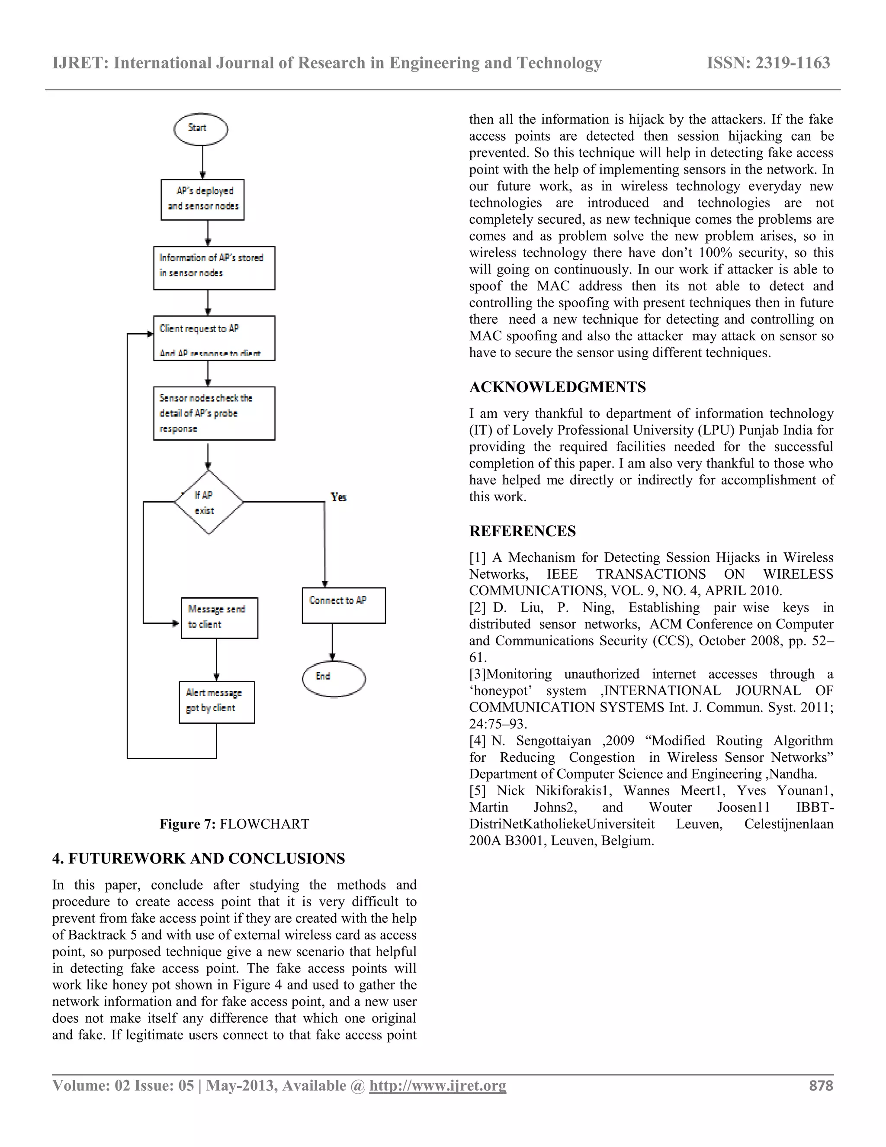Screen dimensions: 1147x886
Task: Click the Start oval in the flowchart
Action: point(200,129)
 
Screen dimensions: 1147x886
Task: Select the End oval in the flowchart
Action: point(333,678)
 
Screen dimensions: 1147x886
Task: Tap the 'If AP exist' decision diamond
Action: point(209,503)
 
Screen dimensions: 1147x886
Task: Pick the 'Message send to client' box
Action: point(219,618)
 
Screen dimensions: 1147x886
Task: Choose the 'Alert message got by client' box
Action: point(216,702)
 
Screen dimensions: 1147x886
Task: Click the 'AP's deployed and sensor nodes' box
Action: point(202,200)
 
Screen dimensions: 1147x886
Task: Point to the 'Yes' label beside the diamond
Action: point(338,497)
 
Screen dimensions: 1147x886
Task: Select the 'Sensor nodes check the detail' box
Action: point(214,413)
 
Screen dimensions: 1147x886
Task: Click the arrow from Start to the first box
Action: point(202,162)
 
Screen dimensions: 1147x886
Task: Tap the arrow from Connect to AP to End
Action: point(332,641)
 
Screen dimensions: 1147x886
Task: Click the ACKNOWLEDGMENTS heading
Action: point(557,387)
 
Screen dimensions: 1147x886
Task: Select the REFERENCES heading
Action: point(522,531)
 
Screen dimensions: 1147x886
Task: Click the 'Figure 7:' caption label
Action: point(187,824)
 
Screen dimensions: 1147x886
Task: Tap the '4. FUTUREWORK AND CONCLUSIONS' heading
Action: point(199,858)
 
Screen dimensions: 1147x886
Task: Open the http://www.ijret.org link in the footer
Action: point(437,1086)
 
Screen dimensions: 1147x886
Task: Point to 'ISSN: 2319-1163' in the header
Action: point(768,63)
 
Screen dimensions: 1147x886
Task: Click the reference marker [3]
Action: point(477,674)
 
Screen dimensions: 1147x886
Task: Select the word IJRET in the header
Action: point(79,63)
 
